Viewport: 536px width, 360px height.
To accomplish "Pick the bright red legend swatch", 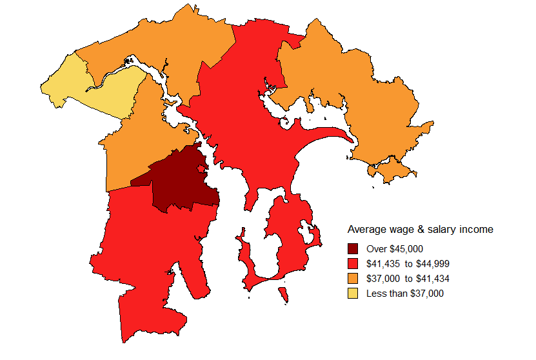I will coord(353,264).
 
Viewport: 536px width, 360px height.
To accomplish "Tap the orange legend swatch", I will coord(353,279).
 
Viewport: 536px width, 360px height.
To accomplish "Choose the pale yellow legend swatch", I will coord(353,294).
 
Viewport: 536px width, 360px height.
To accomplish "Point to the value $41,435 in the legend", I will coord(382,264).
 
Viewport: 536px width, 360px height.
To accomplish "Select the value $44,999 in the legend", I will coord(434,264).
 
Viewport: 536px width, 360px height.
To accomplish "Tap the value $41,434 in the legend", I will coord(434,279).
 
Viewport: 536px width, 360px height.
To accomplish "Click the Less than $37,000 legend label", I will coord(404,294).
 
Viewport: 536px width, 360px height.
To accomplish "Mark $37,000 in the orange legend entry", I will coord(382,279).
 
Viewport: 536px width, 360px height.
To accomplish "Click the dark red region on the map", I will coord(181,181).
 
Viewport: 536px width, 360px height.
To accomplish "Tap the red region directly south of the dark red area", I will coord(148,258).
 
